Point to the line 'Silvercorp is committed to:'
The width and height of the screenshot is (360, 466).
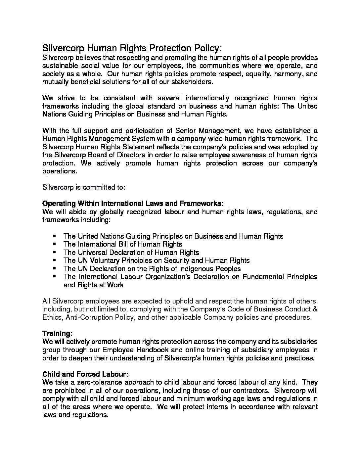click(x=84, y=187)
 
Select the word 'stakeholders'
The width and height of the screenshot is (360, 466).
click(x=193, y=82)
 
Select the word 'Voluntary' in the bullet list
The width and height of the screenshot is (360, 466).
click(x=106, y=260)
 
